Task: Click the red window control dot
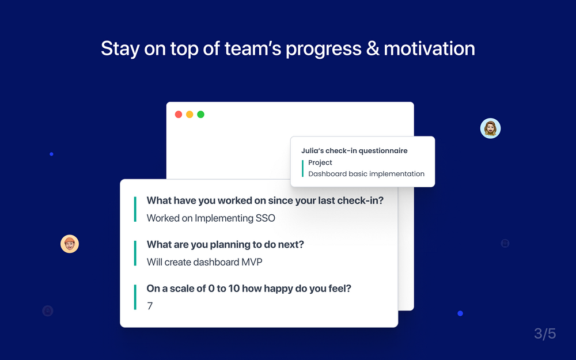click(179, 114)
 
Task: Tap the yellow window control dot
click(190, 114)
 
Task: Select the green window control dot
click(200, 114)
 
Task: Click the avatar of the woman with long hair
click(490, 128)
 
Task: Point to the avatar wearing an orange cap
click(70, 244)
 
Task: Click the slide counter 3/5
click(545, 334)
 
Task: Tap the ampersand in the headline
click(373, 48)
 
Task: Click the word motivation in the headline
click(430, 48)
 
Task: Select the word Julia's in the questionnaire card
click(312, 150)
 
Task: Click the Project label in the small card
click(320, 162)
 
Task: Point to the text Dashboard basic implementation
click(366, 174)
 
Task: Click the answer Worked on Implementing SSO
click(211, 218)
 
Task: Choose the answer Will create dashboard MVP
click(204, 262)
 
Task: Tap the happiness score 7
click(150, 306)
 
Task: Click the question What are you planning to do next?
click(225, 245)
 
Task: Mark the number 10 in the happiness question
click(234, 289)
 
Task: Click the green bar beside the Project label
click(303, 168)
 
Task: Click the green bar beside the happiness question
click(135, 297)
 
